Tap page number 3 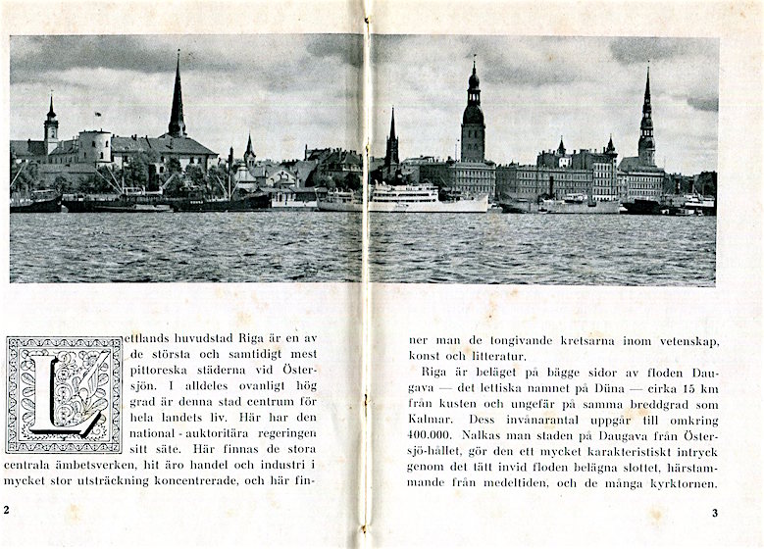click(715, 512)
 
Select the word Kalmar click(430, 415)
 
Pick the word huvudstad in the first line click(196, 338)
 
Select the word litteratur click(498, 356)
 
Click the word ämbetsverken click(91, 464)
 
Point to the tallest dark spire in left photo click(177, 98)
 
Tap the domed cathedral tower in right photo click(473, 113)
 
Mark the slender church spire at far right click(646, 113)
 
